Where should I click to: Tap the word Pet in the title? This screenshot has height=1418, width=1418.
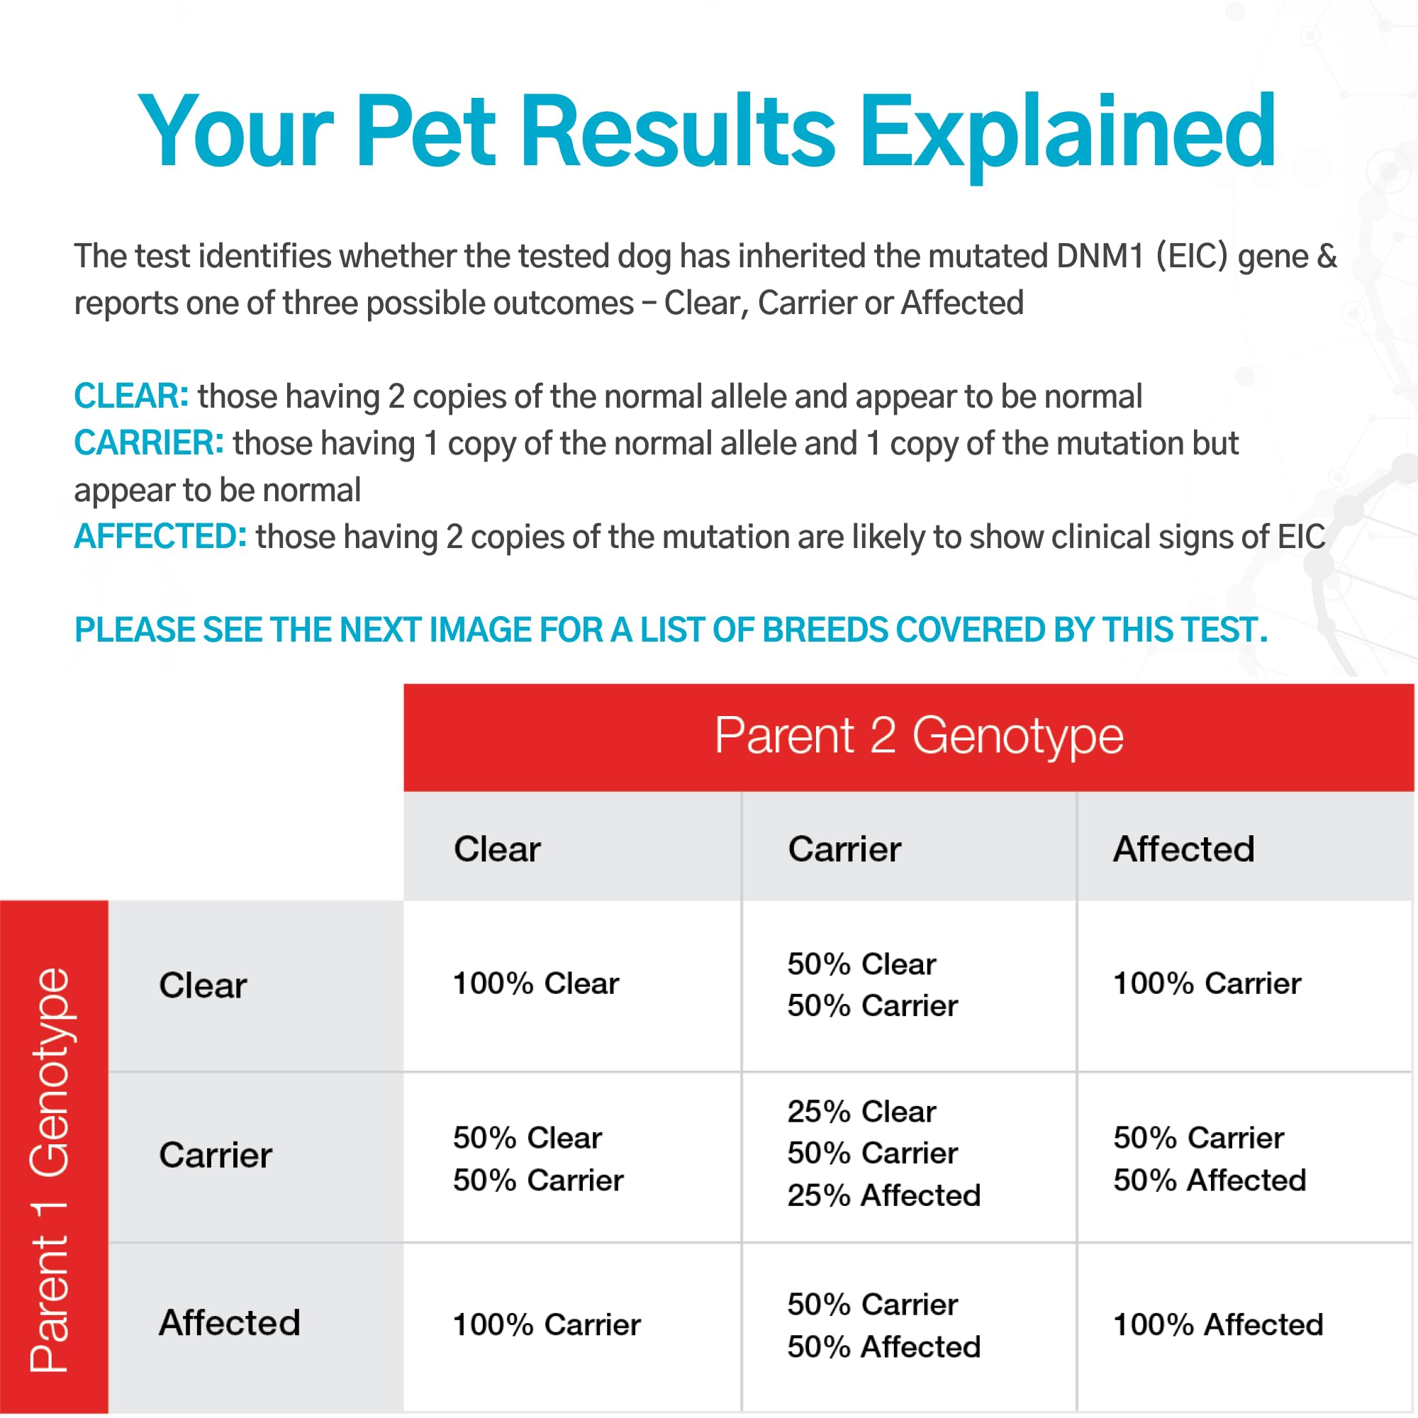click(x=425, y=132)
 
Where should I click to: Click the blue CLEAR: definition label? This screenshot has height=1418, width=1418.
click(x=131, y=396)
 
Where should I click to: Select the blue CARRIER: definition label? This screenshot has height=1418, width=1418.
click(x=149, y=442)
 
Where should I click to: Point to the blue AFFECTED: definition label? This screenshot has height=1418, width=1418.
click(x=160, y=537)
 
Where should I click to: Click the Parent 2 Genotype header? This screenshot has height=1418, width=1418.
click(x=919, y=735)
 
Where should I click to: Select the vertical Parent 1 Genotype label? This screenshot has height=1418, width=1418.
click(x=49, y=1171)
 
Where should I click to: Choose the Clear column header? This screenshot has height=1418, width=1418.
click(x=497, y=849)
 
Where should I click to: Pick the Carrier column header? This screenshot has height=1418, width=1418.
click(x=844, y=849)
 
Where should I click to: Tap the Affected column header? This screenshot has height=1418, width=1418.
click(x=1184, y=849)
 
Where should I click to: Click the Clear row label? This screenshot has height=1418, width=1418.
click(x=203, y=985)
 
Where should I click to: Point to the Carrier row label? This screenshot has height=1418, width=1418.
click(x=215, y=1155)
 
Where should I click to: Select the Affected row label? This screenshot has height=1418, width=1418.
click(x=230, y=1323)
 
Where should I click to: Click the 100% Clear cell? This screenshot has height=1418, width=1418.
click(x=536, y=983)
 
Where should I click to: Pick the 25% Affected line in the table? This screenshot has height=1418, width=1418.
click(x=883, y=1195)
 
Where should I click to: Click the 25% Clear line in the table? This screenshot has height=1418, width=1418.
click(x=861, y=1112)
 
